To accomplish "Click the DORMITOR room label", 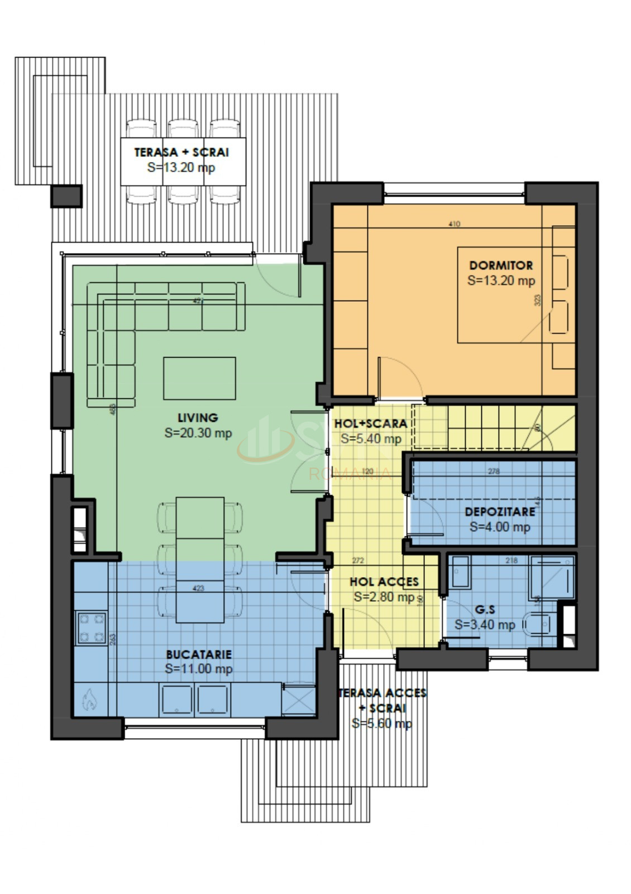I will [x=500, y=265].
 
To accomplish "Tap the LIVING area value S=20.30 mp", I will [x=198, y=433].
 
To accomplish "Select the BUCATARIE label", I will [x=198, y=654].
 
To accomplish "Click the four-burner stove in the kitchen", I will [x=92, y=627].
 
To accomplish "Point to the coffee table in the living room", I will [x=199, y=378].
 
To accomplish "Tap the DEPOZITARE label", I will [x=500, y=512].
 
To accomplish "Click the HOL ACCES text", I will [x=384, y=582].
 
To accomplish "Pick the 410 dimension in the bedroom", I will [x=454, y=224].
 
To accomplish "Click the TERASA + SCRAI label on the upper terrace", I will [x=181, y=152].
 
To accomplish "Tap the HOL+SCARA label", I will [x=370, y=424].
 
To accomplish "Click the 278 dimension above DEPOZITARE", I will [x=494, y=472].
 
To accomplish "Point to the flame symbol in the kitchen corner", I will [x=89, y=699].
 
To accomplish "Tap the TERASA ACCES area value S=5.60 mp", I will [x=382, y=724].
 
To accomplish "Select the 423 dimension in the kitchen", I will [x=198, y=588].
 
